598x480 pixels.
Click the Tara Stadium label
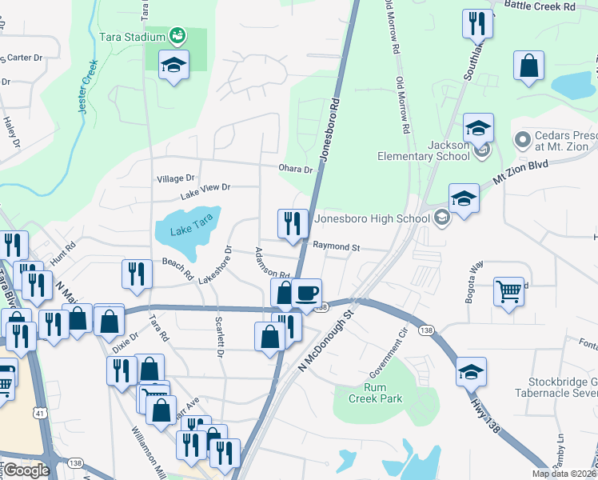pos(131,36)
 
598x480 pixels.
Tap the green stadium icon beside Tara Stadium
pos(177,35)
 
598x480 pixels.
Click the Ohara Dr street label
pos(295,169)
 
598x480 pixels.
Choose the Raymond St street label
pos(336,247)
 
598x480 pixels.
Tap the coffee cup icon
pos(306,293)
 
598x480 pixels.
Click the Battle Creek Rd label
pos(540,6)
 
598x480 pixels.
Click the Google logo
pos(26,470)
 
